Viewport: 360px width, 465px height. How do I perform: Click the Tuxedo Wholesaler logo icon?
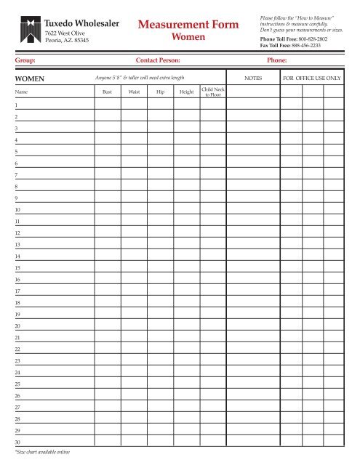pyautogui.click(x=30, y=28)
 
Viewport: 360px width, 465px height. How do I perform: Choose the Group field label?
pyautogui.click(x=25, y=61)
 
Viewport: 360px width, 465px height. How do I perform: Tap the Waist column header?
pyautogui.click(x=134, y=92)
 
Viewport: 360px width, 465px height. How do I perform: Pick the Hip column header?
pyautogui.click(x=160, y=92)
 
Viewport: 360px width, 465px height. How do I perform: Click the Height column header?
pyautogui.click(x=186, y=92)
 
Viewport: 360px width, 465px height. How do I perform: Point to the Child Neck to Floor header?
pyautogui.click(x=212, y=92)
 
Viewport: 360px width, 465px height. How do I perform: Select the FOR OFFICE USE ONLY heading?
pyautogui.click(x=312, y=76)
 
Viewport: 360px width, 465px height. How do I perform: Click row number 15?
pyautogui.click(x=17, y=267)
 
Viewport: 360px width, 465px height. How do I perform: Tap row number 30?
pyautogui.click(x=17, y=442)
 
